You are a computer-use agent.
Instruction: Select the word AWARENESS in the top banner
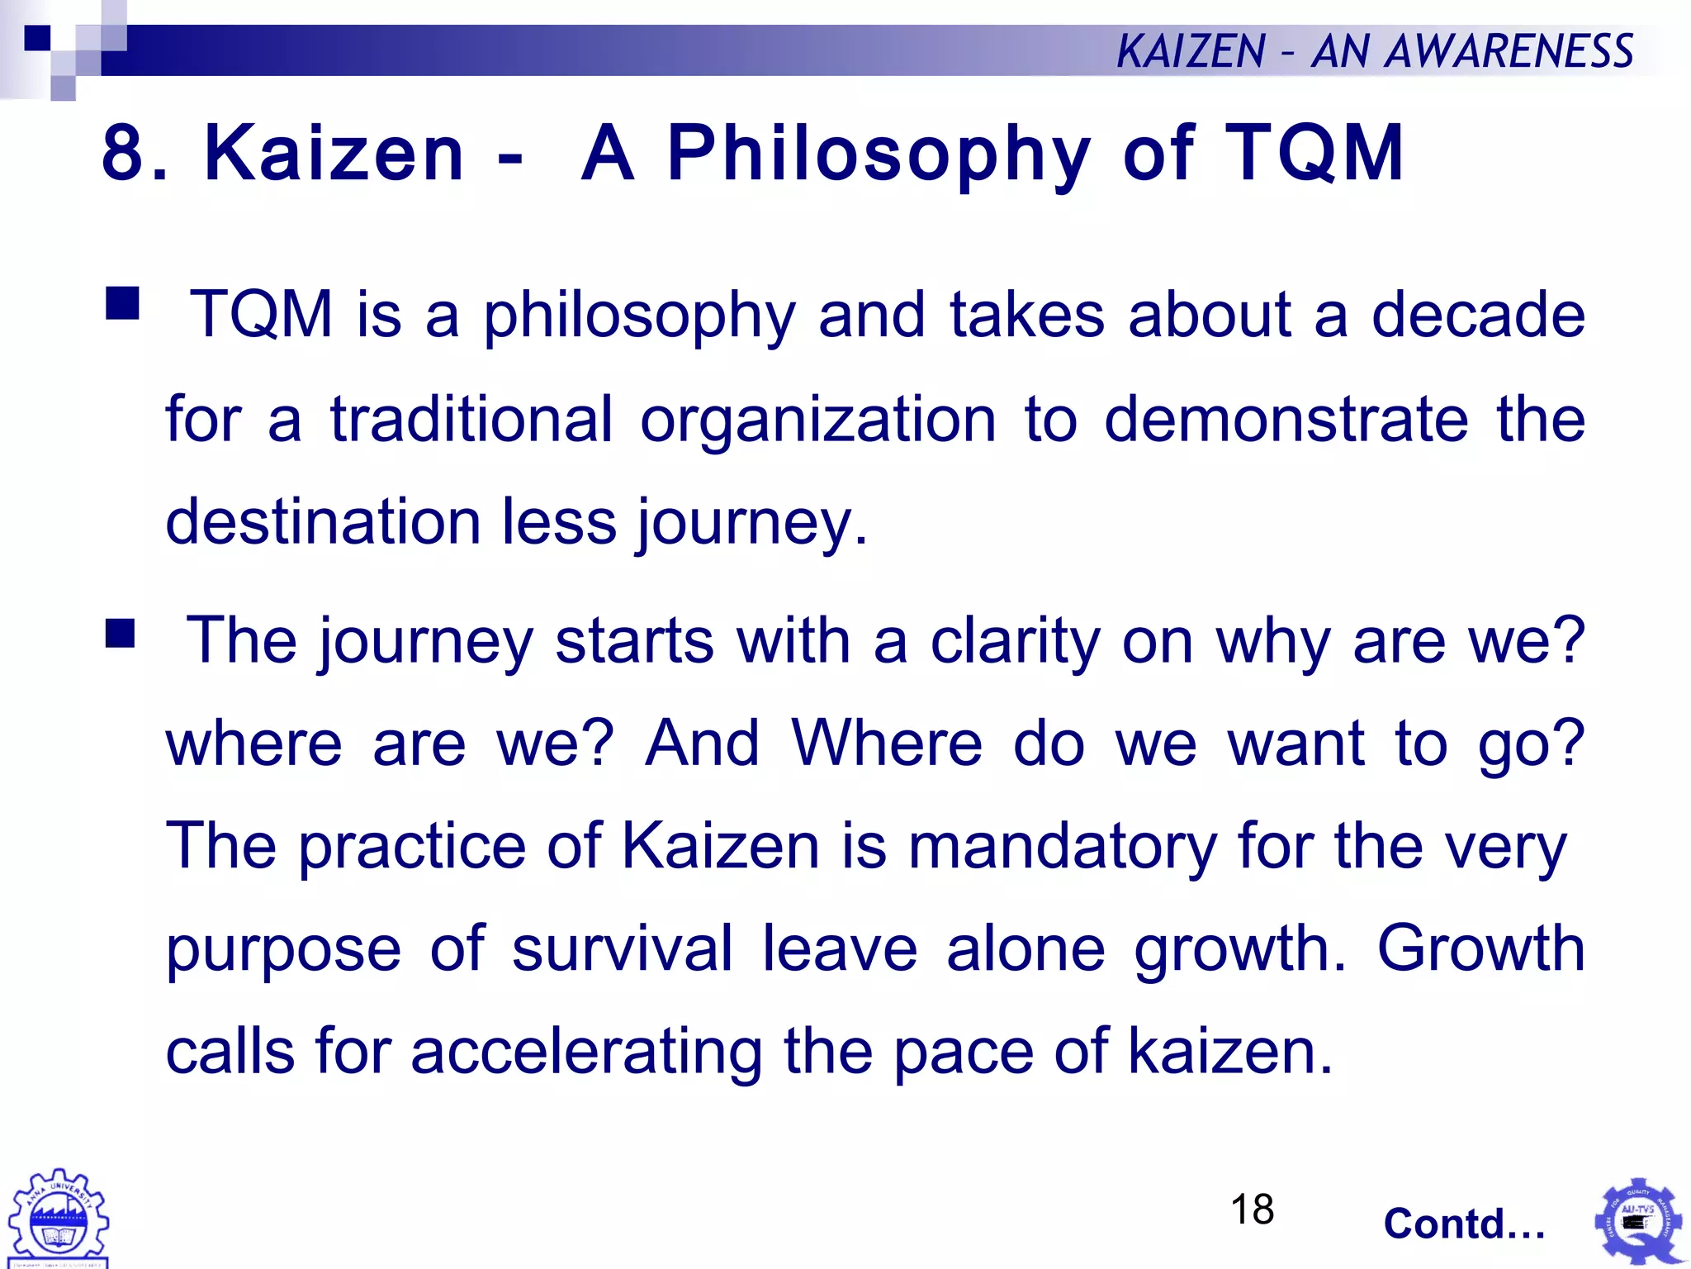(x=1509, y=51)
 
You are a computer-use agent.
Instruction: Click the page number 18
(x=1252, y=1210)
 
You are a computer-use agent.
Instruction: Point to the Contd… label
(x=1464, y=1224)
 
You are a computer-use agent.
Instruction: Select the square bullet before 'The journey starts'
(x=121, y=634)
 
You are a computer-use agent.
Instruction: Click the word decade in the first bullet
(x=1478, y=315)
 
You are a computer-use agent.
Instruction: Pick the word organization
(x=818, y=419)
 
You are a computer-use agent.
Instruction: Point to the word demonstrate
(x=1286, y=419)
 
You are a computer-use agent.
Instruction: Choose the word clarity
(x=1016, y=641)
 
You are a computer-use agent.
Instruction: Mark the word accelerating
(x=586, y=1052)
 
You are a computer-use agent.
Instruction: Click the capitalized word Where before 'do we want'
(x=887, y=744)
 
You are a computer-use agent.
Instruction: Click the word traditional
(x=471, y=419)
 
